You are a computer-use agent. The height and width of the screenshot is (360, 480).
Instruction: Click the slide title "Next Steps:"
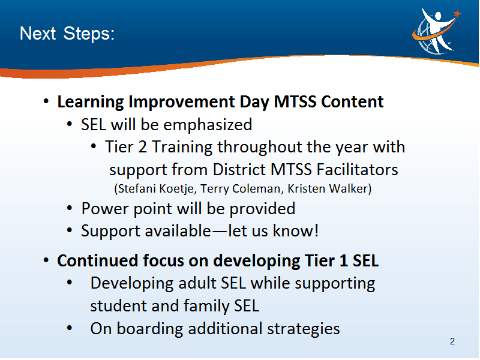click(x=67, y=34)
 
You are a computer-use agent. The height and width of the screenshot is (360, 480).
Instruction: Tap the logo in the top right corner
click(x=436, y=31)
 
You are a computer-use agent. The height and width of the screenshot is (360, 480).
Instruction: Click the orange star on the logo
click(x=457, y=13)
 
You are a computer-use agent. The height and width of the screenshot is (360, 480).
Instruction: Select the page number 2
click(x=452, y=341)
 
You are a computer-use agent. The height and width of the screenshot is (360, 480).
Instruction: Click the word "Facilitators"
click(x=357, y=170)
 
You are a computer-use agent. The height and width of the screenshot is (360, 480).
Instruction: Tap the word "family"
click(x=206, y=307)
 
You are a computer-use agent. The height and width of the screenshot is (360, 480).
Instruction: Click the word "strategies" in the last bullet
click(x=304, y=329)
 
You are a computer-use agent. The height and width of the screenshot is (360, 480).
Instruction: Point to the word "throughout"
click(x=260, y=148)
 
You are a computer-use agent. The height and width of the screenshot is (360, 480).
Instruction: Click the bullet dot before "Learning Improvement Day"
click(x=46, y=101)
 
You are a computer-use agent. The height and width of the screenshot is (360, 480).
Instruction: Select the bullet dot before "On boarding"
click(x=70, y=328)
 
